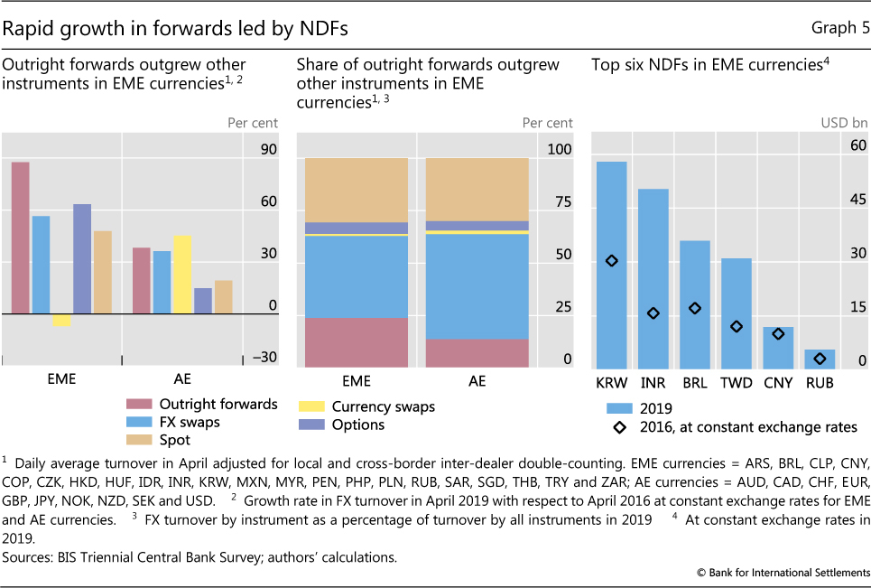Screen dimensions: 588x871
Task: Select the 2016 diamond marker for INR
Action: [653, 313]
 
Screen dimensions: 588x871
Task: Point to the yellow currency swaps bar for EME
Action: [61, 321]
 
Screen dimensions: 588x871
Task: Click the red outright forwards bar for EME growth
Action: [20, 238]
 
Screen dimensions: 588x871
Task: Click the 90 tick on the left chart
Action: [268, 150]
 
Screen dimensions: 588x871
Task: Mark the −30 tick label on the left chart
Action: [264, 358]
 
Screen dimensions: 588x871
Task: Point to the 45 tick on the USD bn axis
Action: [857, 199]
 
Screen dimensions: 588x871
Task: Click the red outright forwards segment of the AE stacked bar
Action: [477, 352]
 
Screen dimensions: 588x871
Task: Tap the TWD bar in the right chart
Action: [735, 313]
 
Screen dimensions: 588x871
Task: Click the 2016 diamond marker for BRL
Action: [694, 308]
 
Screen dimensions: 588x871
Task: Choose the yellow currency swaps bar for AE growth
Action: [181, 275]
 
